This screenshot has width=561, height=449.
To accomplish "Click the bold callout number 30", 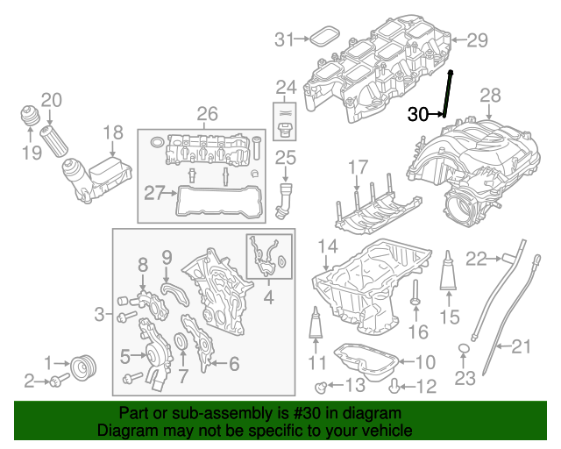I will (x=418, y=114).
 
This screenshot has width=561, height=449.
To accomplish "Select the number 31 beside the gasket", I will (x=283, y=39).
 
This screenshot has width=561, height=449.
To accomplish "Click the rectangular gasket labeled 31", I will (x=324, y=38).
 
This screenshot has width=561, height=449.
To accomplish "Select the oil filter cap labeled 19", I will (x=32, y=118).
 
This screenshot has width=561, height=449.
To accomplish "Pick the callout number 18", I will (x=113, y=132).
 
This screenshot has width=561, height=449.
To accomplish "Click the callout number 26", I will (x=206, y=113).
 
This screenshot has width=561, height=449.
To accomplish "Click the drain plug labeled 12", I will (x=395, y=382).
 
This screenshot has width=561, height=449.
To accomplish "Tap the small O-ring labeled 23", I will (x=464, y=352).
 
